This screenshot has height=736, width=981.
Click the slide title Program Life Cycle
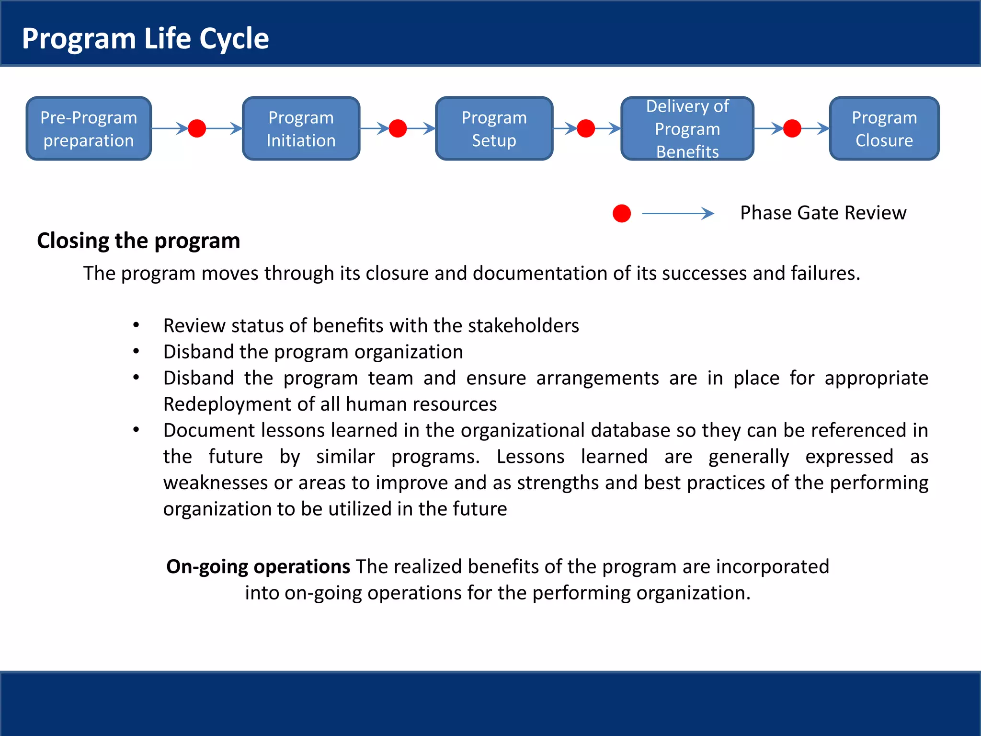145,38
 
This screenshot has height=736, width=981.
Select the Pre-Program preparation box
89,128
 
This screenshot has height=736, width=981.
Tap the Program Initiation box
301,128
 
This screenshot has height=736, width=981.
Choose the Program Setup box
494,128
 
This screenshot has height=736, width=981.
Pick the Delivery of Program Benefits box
687,128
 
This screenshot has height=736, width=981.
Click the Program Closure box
884,128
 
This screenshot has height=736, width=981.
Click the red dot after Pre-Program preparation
197,128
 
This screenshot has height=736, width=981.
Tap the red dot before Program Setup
398,128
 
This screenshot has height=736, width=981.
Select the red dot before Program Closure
792,128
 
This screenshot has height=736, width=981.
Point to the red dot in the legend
621,213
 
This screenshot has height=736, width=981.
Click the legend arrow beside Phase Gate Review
677,213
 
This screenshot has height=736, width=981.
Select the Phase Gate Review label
823,213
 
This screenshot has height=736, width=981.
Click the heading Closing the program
138,241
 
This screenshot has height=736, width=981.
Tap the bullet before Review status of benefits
137,325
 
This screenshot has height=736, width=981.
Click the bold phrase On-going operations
258,567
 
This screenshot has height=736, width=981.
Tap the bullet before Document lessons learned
137,430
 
